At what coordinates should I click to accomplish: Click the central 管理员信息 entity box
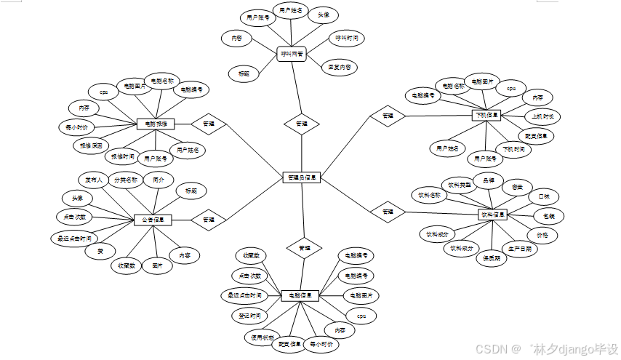click(301, 177)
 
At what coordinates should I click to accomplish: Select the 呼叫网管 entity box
click(293, 54)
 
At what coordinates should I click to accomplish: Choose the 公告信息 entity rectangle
click(153, 220)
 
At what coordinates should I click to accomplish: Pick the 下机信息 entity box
click(486, 116)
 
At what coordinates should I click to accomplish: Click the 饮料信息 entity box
click(492, 215)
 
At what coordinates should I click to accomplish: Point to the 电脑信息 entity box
click(300, 295)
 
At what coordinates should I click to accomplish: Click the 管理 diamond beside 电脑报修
click(209, 124)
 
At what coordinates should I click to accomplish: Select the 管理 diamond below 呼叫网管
click(301, 124)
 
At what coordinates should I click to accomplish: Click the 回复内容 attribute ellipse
click(339, 68)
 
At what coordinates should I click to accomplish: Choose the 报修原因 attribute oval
click(90, 145)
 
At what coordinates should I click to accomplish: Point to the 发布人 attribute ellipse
click(92, 179)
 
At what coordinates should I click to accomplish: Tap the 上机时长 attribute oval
click(542, 116)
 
